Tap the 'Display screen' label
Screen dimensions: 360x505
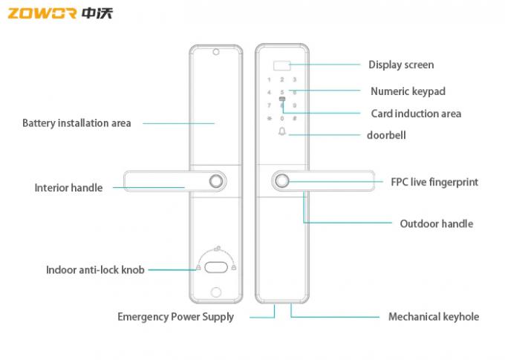click(x=401, y=65)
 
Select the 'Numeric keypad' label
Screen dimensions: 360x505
click(x=408, y=91)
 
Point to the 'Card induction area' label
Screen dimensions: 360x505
click(x=416, y=114)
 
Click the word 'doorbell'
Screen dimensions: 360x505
click(x=386, y=135)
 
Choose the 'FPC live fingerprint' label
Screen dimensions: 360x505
click(x=434, y=182)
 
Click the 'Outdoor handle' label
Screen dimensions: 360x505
click(x=436, y=223)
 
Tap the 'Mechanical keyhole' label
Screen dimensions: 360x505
click(x=434, y=316)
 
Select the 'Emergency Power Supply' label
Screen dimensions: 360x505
click(x=175, y=317)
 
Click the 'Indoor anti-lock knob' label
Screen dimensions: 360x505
click(x=95, y=270)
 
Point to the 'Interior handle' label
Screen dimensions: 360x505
click(x=68, y=188)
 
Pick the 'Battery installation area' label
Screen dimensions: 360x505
click(x=76, y=123)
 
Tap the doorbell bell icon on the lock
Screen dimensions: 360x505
click(x=281, y=133)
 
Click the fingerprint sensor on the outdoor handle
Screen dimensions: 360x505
click(x=281, y=182)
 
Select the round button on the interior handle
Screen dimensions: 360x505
click(x=216, y=182)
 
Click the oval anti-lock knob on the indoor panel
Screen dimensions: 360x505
click(x=216, y=268)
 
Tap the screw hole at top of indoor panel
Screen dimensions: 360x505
click(x=215, y=53)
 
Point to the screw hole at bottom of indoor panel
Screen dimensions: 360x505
click(x=215, y=292)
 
